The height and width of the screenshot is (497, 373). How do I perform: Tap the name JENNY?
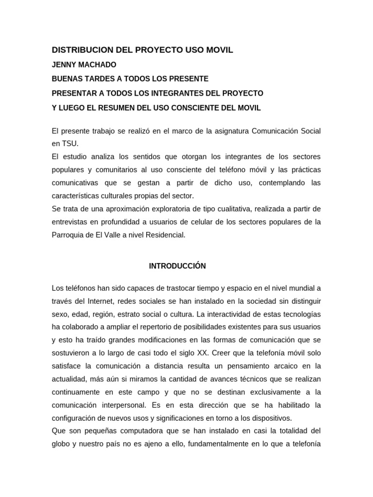click(x=64, y=65)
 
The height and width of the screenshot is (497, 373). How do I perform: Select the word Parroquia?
click(x=68, y=234)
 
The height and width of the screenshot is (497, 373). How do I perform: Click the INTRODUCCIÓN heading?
click(x=177, y=266)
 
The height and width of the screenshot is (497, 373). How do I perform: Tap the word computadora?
click(x=131, y=431)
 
